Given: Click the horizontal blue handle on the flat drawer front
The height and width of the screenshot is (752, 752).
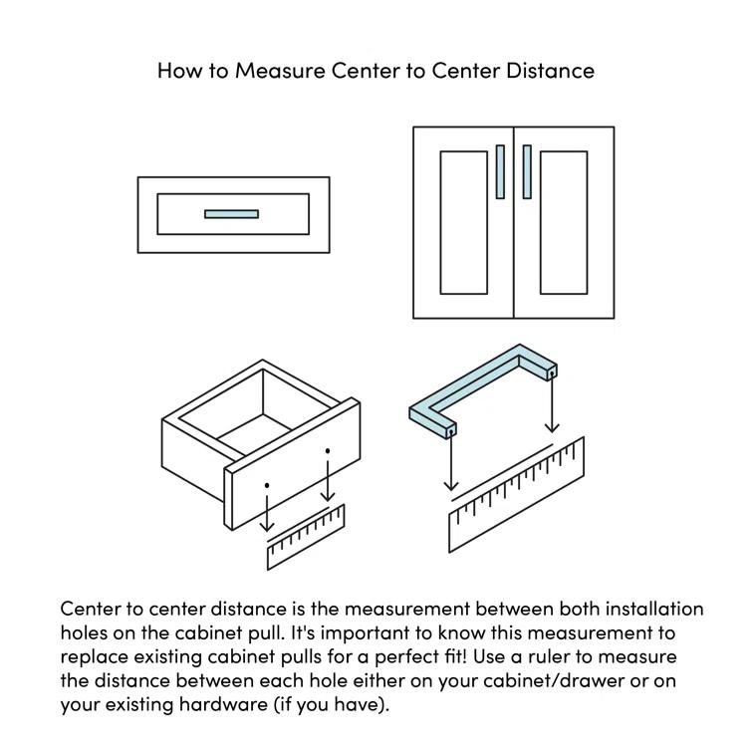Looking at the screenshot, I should tap(231, 214).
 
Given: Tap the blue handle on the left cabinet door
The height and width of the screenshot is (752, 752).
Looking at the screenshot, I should tap(500, 171).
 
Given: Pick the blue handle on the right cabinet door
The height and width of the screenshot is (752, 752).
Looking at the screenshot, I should tap(527, 171).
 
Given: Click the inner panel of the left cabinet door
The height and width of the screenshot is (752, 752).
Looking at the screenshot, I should tap(463, 223).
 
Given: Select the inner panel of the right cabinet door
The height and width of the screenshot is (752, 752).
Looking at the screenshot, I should tap(564, 223).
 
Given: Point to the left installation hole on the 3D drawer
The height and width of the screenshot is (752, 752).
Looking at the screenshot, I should tap(267, 485).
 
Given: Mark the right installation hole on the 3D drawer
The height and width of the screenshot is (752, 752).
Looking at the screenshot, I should tap(328, 451).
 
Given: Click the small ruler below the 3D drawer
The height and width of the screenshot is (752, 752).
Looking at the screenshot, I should tap(306, 538).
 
